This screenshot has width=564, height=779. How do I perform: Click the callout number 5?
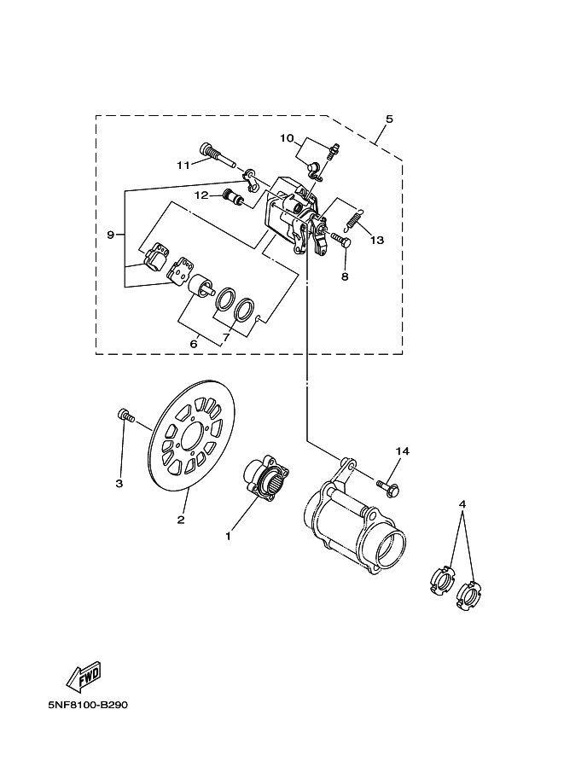coord(389,119)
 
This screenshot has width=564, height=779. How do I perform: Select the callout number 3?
coord(119,484)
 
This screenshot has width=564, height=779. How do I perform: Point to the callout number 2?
coord(181,519)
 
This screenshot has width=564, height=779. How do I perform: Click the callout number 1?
coord(228,536)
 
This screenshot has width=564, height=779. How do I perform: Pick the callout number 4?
coord(462,504)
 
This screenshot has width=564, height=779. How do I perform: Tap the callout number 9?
coord(110,234)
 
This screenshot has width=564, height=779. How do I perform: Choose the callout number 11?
coord(183,165)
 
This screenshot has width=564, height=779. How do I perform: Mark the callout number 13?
coord(376,241)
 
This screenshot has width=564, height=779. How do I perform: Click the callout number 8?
coord(345,276)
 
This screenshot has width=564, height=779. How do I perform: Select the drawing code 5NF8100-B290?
coord(83,706)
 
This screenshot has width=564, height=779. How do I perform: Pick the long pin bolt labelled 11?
coord(218,155)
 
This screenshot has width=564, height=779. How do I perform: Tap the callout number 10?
coord(287,137)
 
